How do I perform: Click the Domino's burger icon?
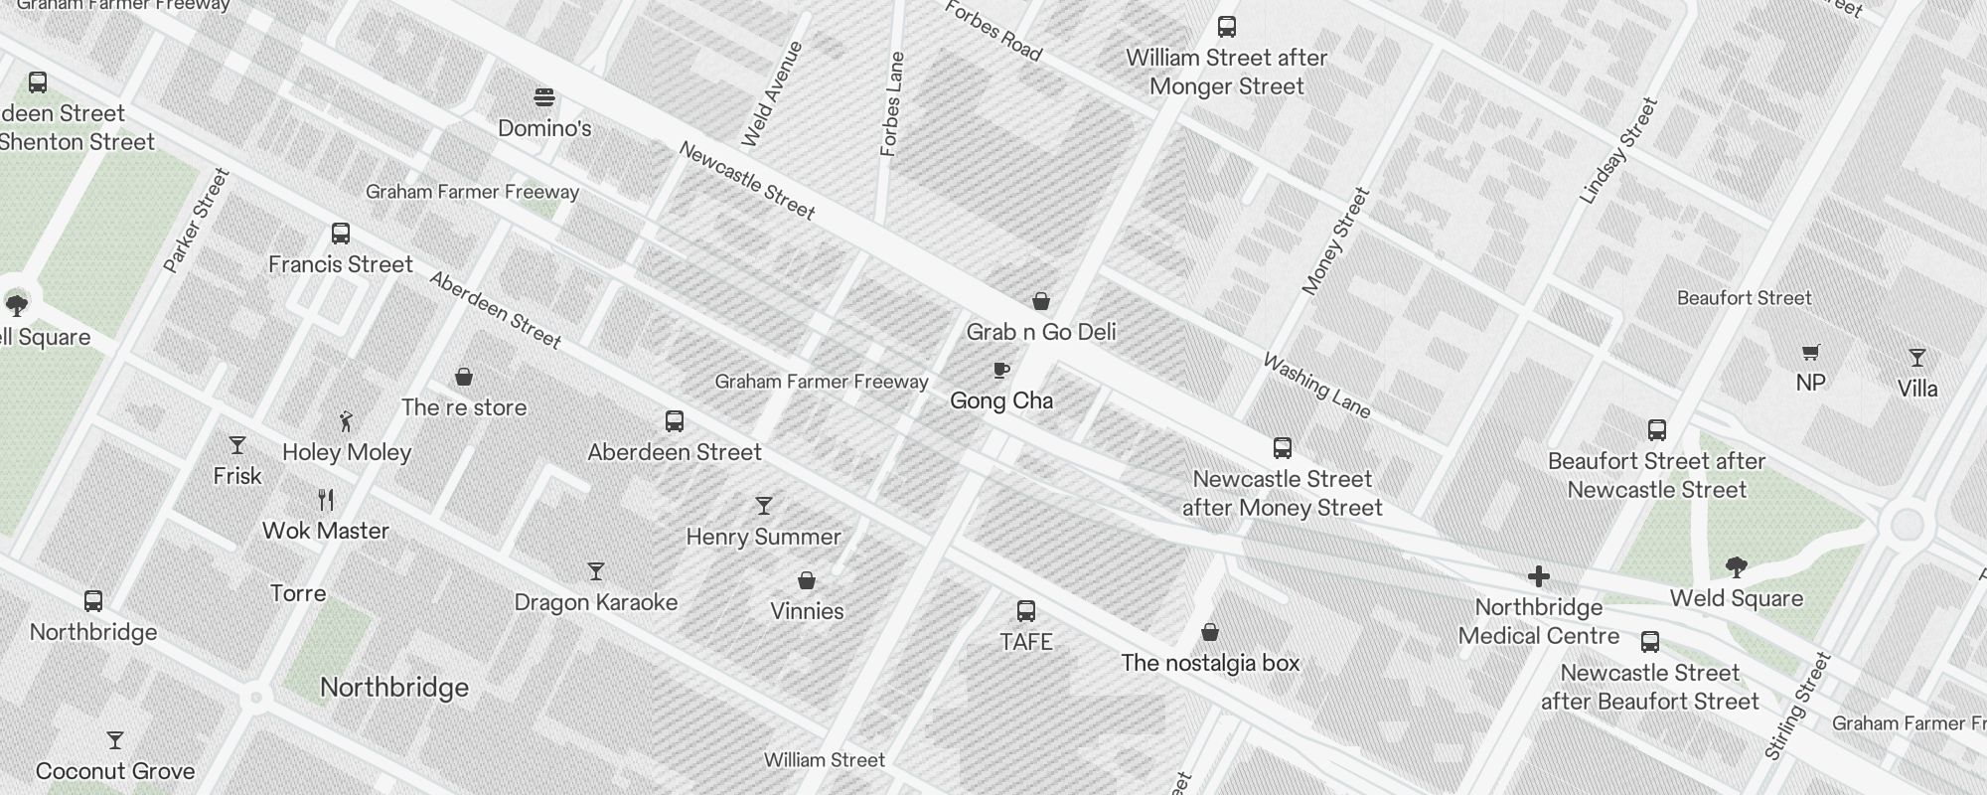[x=544, y=97]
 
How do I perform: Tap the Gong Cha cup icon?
[x=1001, y=371]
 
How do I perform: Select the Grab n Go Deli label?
[x=1041, y=332]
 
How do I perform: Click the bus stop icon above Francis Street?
[x=341, y=235]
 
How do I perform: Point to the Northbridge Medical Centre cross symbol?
[x=1539, y=576]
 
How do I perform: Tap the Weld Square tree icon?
[x=1737, y=567]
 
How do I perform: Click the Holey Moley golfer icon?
[x=346, y=421]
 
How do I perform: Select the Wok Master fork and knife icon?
[x=326, y=499]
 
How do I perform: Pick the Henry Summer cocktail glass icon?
[x=763, y=506]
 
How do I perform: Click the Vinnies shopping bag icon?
[x=807, y=580]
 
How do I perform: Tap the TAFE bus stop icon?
[x=1026, y=611]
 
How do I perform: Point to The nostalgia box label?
[x=1210, y=663]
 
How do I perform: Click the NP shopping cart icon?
[x=1810, y=352]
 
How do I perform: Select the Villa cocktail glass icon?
[x=1917, y=358]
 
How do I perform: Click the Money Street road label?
[x=1335, y=241]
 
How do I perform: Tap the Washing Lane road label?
[x=1316, y=386]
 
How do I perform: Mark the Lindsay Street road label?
[x=1618, y=151]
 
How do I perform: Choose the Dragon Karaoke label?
[x=596, y=602]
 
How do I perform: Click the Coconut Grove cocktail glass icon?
[x=115, y=740]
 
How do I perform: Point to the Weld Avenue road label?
[x=771, y=94]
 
